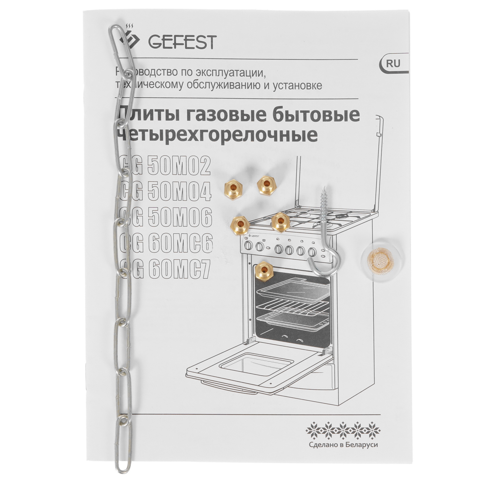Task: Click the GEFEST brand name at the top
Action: [182, 42]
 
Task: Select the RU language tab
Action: [393, 64]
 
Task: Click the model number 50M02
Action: [179, 166]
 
